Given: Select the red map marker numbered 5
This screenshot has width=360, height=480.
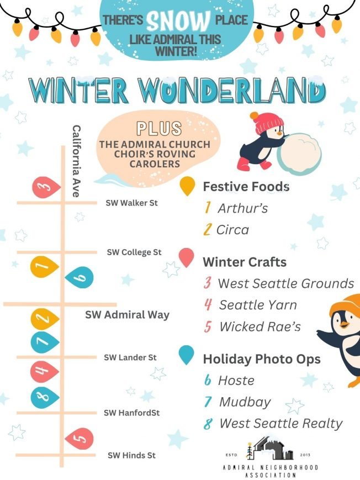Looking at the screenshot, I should [79, 440].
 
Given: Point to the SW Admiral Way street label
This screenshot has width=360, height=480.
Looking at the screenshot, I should [127, 315].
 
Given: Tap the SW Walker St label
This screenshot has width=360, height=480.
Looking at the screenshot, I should [131, 203].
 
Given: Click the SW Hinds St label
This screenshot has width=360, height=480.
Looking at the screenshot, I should [131, 456].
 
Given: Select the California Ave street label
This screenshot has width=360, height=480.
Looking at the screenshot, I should [77, 161].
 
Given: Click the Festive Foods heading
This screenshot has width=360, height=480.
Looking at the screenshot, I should [246, 187].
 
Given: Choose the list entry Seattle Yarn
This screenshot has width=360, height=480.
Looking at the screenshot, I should [257, 304].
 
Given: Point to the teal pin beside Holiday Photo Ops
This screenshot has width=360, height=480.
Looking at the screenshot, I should [188, 355].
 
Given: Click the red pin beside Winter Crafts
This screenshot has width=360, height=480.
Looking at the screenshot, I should [188, 256].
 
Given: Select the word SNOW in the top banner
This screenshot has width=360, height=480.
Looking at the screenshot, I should [178, 22].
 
